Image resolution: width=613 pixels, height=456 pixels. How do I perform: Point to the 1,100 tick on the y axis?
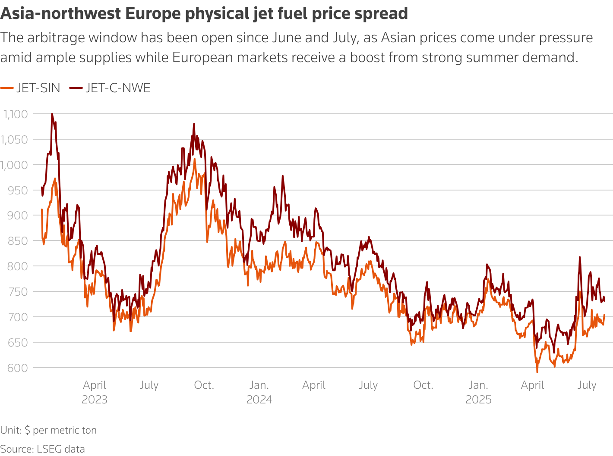tap(16, 114)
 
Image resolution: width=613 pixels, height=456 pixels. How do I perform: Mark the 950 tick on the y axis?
tap(18, 191)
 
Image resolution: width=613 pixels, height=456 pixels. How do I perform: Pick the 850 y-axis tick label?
tap(18, 241)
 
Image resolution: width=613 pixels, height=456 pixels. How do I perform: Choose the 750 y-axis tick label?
tap(18, 292)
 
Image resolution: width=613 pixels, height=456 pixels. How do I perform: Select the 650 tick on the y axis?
tap(18, 343)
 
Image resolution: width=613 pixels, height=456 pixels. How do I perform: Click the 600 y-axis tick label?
tap(18, 368)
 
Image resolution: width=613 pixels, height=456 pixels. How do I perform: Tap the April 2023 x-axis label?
tap(95, 392)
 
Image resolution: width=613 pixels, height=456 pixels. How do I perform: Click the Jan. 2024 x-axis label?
tap(259, 392)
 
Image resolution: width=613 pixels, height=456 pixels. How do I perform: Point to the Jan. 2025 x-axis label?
tap(478, 392)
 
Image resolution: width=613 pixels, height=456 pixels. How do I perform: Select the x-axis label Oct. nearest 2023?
tap(204, 385)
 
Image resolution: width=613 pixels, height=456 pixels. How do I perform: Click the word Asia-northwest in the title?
tap(60, 14)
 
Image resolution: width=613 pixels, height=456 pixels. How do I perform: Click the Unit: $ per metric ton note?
tap(48, 430)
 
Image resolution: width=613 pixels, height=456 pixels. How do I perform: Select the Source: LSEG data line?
tap(42, 449)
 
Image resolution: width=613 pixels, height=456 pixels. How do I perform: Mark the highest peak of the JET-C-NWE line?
tap(52, 114)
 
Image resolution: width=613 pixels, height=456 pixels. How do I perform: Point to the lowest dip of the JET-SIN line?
tap(537, 372)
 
